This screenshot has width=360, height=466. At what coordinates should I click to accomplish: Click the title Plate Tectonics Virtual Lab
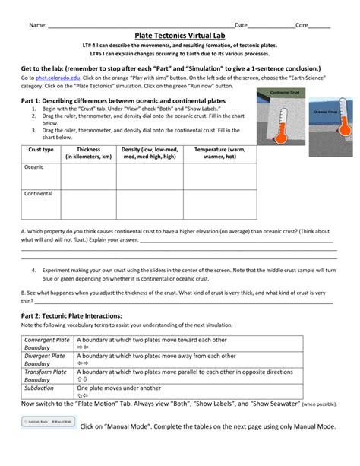click(180, 36)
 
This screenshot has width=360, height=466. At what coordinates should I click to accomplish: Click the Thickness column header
click(88, 153)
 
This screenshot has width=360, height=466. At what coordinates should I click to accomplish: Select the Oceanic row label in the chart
click(35, 166)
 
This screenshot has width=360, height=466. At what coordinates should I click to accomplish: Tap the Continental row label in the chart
click(39, 194)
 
